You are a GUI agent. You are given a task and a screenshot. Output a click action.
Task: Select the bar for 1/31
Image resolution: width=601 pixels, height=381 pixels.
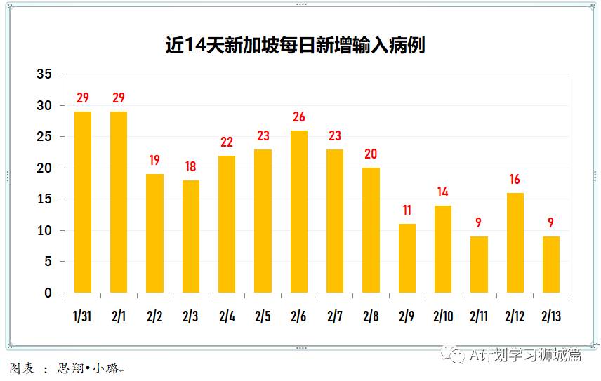pyautogui.click(x=83, y=202)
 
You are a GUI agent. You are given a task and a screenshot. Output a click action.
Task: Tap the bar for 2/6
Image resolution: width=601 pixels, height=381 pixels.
pyautogui.click(x=298, y=211)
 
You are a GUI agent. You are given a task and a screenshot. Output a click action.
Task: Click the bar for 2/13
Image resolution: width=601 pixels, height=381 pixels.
pyautogui.click(x=551, y=265)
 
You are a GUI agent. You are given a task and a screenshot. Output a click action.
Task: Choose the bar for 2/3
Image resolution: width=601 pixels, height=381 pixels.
pyautogui.click(x=190, y=236)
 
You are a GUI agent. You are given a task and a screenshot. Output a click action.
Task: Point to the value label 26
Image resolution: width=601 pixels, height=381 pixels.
pyautogui.click(x=298, y=117)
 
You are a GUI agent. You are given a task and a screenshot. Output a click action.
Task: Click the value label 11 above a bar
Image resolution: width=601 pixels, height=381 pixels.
pyautogui.click(x=407, y=210)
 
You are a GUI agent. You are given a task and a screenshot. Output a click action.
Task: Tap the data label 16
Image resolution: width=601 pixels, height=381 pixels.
pyautogui.click(x=515, y=180)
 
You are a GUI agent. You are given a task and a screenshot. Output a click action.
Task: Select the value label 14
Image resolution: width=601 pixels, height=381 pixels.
pyautogui.click(x=442, y=192)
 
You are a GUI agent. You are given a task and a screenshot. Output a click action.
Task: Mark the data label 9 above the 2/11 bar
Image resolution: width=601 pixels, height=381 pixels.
pyautogui.click(x=478, y=223)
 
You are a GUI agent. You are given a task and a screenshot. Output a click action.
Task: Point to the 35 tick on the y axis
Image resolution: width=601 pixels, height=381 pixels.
pyautogui.click(x=44, y=74)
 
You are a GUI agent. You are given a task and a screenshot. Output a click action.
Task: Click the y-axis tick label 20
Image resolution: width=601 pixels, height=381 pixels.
pyautogui.click(x=44, y=168)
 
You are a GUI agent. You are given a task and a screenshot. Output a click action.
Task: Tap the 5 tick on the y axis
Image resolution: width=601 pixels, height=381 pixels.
pyautogui.click(x=48, y=262)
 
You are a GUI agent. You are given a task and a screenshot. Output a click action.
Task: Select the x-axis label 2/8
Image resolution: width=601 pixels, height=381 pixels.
pyautogui.click(x=371, y=317)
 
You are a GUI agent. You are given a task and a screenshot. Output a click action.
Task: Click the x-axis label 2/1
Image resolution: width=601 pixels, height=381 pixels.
pyautogui.click(x=119, y=317)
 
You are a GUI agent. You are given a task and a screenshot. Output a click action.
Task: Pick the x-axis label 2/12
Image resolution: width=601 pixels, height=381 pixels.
pyautogui.click(x=515, y=317)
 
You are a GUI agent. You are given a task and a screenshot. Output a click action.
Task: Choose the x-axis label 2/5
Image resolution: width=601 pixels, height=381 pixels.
pyautogui.click(x=263, y=317)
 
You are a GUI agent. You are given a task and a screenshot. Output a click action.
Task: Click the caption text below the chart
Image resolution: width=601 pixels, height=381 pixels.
pyautogui.click(x=67, y=368)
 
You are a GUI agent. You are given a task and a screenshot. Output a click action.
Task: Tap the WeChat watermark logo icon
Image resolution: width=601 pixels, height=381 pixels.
pyautogui.click(x=457, y=355)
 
